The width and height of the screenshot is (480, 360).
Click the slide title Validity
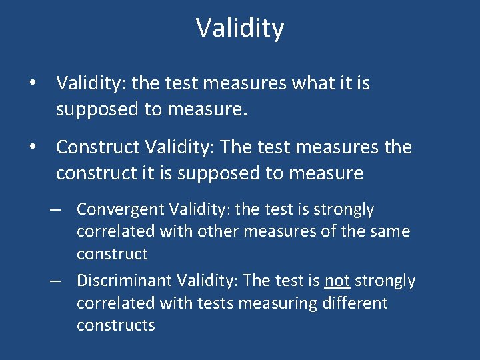click(x=240, y=28)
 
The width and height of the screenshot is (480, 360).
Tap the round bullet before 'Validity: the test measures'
click(x=32, y=84)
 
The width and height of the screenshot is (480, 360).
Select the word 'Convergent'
click(x=120, y=209)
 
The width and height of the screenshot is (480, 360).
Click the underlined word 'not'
click(x=337, y=281)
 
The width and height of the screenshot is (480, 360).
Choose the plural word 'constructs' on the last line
click(x=115, y=325)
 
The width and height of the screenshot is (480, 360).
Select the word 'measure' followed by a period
click(x=212, y=110)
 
